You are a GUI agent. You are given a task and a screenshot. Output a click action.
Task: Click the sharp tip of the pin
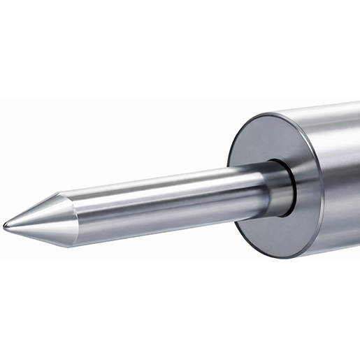tap(6, 225)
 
